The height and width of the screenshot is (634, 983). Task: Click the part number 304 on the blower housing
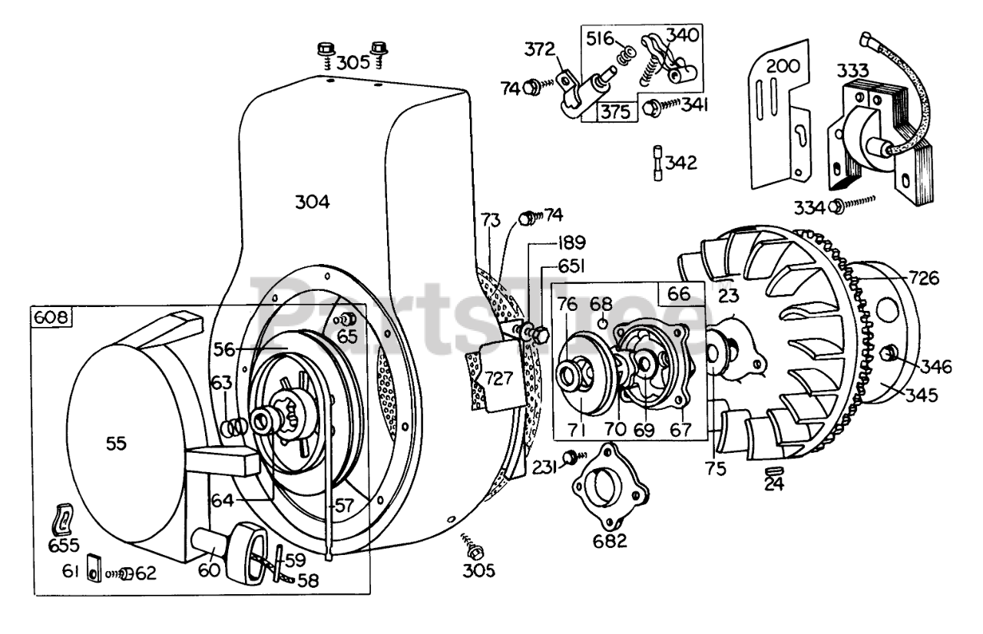click(x=312, y=202)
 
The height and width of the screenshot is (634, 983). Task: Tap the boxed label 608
click(x=51, y=316)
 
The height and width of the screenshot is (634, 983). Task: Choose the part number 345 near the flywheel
click(x=922, y=396)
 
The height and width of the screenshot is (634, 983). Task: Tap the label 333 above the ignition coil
click(x=854, y=71)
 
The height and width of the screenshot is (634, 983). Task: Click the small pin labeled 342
click(x=658, y=162)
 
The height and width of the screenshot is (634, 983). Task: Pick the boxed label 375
click(x=616, y=111)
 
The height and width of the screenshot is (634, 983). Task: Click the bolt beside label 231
click(x=570, y=457)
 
